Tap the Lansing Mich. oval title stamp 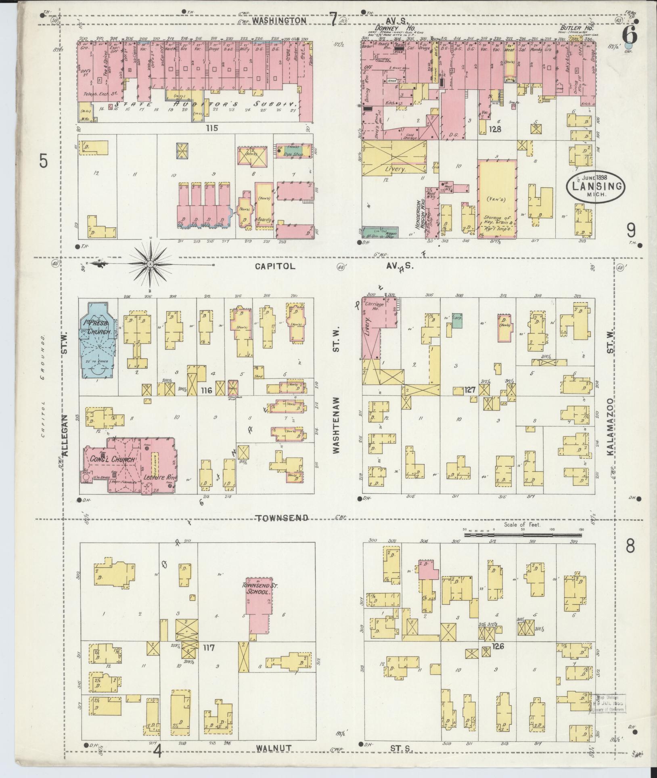click(x=596, y=186)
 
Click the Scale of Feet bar click(x=523, y=535)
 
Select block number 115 click(x=211, y=128)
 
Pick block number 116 click(x=206, y=390)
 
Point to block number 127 click(x=471, y=390)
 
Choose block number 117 click(x=209, y=648)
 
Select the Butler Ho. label click(x=581, y=28)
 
